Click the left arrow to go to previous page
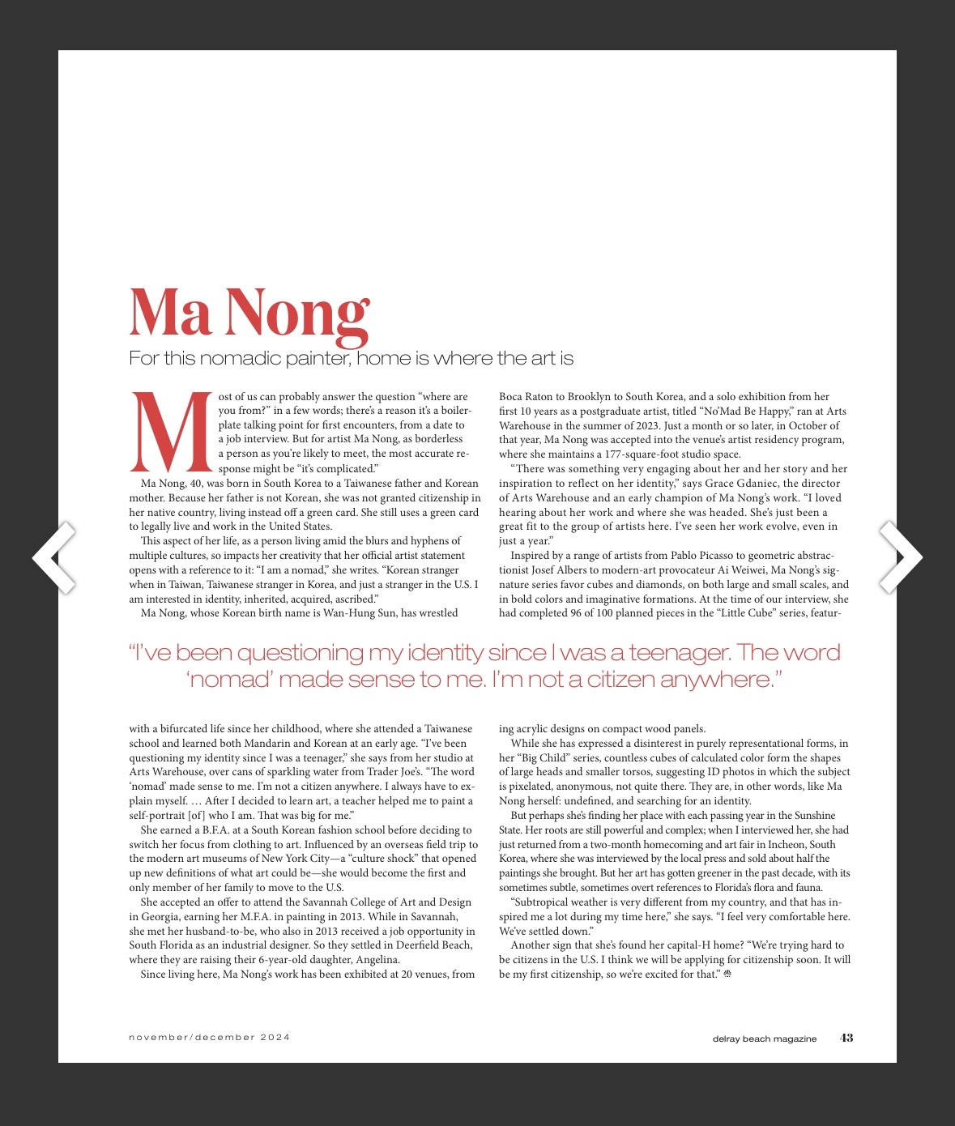(x=54, y=557)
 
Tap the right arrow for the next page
(x=900, y=557)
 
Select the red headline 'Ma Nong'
(x=249, y=313)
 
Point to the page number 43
(x=846, y=1038)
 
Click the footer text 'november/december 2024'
(x=209, y=1038)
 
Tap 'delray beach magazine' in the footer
(x=765, y=1039)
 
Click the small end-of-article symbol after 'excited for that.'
(x=727, y=975)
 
